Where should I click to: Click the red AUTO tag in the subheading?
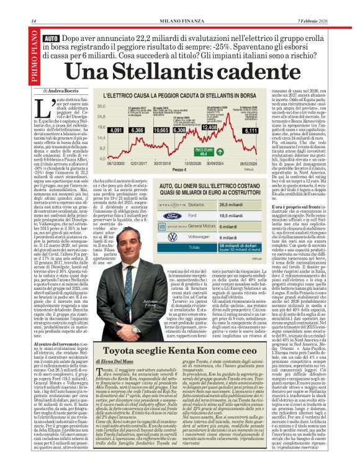pyautogui.click(x=52, y=39)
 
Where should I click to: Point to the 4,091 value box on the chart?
pyautogui.click(x=116, y=131)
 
